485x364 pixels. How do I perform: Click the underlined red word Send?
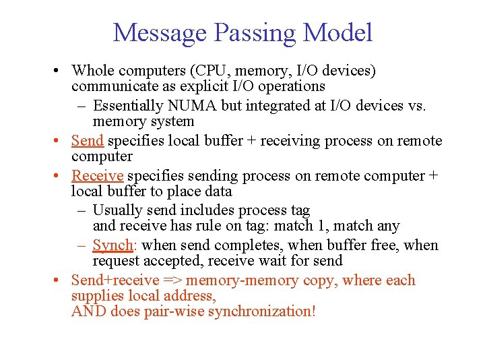coord(87,141)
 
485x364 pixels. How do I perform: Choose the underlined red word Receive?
coord(97,176)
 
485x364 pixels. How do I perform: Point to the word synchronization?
coord(257,311)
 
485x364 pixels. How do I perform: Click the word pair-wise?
coord(167,311)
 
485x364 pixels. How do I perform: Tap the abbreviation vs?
coord(418,106)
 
